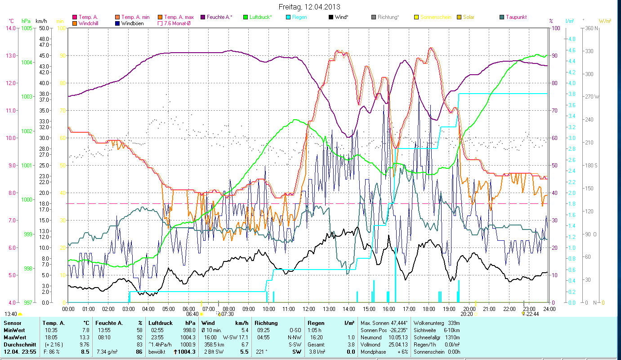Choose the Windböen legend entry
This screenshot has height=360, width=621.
coord(132,23)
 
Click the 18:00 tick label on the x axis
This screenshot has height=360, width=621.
coord(429,309)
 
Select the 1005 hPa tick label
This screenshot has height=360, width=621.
coord(27,28)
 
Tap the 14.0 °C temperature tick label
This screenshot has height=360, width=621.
coord(10,28)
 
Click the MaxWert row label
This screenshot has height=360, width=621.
coord(15,337)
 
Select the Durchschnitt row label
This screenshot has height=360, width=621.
coord(18,344)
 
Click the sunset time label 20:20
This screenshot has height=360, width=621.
coord(466,315)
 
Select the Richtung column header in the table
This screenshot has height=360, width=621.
coord(266,323)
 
